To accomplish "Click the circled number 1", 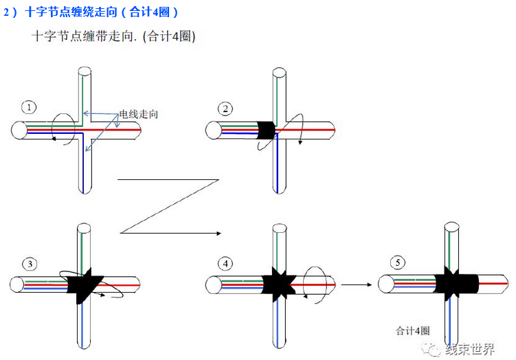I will (x=29, y=106).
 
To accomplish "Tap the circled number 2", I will (x=225, y=109).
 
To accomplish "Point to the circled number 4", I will (x=225, y=264).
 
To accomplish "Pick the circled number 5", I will (x=396, y=262).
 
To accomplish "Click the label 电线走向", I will (x=138, y=114).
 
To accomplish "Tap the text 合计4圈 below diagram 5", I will (x=412, y=330).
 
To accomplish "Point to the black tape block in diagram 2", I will (x=265, y=129).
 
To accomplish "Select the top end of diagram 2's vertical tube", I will (x=278, y=71).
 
